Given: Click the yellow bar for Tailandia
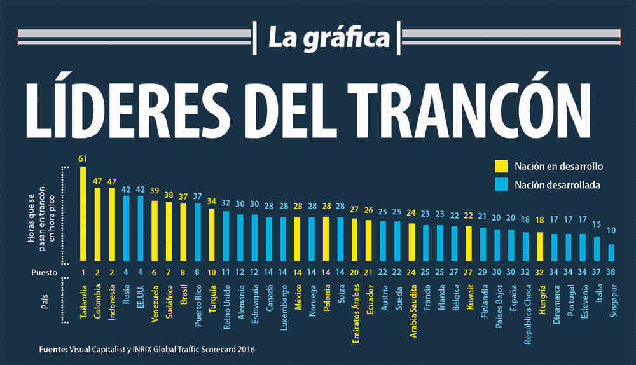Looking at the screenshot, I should pyautogui.click(x=83, y=213).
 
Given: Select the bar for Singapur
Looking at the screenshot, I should pyautogui.click(x=611, y=252).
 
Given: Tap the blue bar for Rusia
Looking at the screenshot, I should pyautogui.click(x=126, y=228).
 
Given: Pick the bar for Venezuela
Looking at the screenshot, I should pyautogui.click(x=155, y=230).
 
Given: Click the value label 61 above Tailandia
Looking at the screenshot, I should pyautogui.click(x=83, y=158).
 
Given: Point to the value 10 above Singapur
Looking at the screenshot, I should pyautogui.click(x=611, y=230).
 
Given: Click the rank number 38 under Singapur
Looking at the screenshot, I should pyautogui.click(x=611, y=272).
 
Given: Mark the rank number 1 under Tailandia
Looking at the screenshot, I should pyautogui.click(x=83, y=272).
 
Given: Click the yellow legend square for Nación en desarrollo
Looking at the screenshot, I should pyautogui.click(x=501, y=167).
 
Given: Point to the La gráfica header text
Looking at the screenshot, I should pyautogui.click(x=328, y=37).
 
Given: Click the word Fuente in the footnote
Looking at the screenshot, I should pyautogui.click(x=52, y=349).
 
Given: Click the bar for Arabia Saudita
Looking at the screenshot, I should pyautogui.click(x=411, y=242).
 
